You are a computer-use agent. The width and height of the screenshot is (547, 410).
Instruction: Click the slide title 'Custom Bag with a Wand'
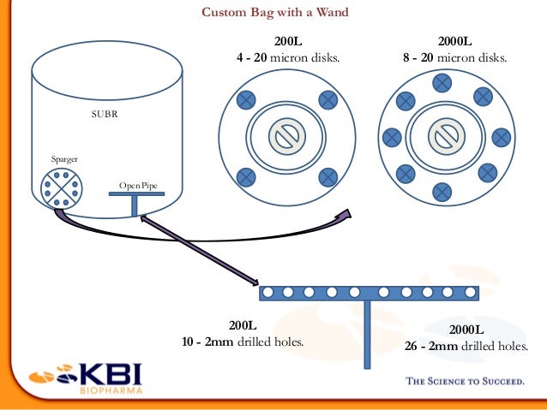pyautogui.click(x=274, y=13)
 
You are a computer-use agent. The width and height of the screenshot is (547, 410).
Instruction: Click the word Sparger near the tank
pyautogui.click(x=65, y=159)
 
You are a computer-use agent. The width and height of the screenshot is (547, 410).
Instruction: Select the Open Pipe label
pyautogui.click(x=137, y=186)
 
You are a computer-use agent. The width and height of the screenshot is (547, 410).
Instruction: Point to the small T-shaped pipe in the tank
pyautogui.click(x=135, y=202)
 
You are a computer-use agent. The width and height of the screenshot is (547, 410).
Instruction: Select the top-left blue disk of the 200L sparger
pyautogui.click(x=246, y=99)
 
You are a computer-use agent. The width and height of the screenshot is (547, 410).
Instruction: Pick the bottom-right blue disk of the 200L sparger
pyautogui.click(x=328, y=177)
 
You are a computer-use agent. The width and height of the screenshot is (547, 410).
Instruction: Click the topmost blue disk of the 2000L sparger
pyautogui.click(x=443, y=83)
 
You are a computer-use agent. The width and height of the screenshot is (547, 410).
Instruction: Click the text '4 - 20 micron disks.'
pyautogui.click(x=288, y=58)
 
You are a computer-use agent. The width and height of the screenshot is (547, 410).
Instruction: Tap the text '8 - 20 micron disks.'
pyautogui.click(x=454, y=58)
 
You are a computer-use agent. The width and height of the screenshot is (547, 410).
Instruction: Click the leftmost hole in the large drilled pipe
pyautogui.click(x=268, y=293)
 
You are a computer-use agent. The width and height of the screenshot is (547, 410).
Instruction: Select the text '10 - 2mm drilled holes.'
pyautogui.click(x=243, y=342)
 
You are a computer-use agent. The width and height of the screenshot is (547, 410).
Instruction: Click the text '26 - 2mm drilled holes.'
pyautogui.click(x=466, y=347)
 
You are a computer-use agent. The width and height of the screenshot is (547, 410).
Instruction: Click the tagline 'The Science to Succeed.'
pyautogui.click(x=464, y=382)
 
